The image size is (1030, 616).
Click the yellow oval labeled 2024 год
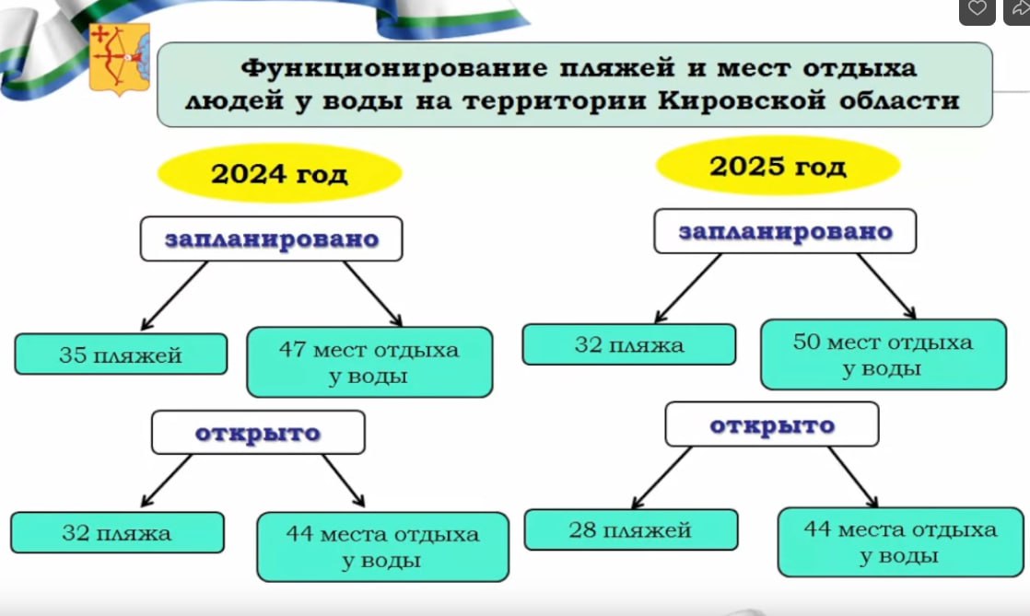(x=279, y=173)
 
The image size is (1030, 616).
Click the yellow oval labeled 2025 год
(x=778, y=166)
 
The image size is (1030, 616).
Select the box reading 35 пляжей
(x=121, y=354)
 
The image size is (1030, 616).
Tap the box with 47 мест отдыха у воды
(x=369, y=362)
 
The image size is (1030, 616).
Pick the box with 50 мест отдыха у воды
(x=883, y=354)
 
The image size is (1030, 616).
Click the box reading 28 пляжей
(x=630, y=529)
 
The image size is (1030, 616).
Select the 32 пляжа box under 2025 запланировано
(x=628, y=344)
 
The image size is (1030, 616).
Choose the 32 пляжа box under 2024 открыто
(x=117, y=532)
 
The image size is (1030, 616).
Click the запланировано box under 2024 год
(x=271, y=238)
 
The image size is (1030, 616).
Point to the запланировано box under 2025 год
(x=785, y=231)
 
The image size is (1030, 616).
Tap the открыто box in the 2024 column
(x=258, y=432)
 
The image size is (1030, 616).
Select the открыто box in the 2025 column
(x=772, y=424)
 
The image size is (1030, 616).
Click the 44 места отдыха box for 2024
(x=383, y=546)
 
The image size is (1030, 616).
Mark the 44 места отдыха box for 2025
(x=901, y=541)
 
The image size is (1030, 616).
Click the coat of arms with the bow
(x=120, y=59)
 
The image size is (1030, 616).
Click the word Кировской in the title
(x=741, y=100)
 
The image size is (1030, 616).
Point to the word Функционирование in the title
(x=394, y=67)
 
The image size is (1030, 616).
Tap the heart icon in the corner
(x=977, y=8)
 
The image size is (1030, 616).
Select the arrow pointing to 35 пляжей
(x=174, y=296)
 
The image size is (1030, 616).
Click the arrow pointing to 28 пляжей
(x=661, y=478)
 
